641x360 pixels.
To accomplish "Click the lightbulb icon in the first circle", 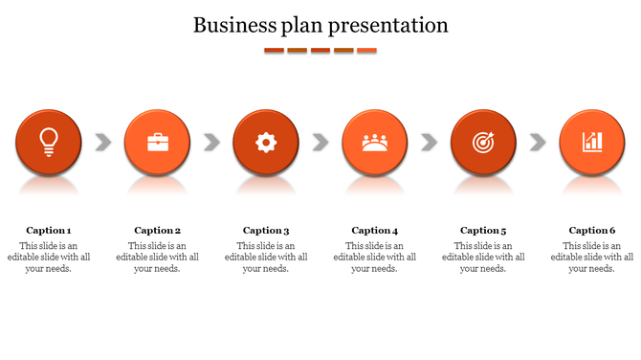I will tap(49, 142).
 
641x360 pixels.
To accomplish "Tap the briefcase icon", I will tap(158, 143).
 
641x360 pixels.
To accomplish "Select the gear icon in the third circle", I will tap(266, 143).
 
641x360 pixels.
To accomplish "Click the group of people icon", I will tap(375, 143).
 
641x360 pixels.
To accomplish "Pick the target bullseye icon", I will tap(483, 143).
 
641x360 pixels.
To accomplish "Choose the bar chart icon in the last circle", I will tap(592, 142).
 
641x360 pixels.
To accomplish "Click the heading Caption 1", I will tap(49, 230).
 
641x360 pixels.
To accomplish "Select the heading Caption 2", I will tap(158, 230).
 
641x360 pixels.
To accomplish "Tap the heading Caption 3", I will tap(266, 230).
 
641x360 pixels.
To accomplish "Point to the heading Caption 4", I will tap(375, 230).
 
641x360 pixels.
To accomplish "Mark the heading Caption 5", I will tap(483, 230).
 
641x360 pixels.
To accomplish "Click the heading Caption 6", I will tap(592, 230).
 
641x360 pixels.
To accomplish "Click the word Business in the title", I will tap(229, 25).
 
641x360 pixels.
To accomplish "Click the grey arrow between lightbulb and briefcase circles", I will tap(103, 143).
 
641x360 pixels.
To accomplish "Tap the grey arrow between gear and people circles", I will tap(320, 143).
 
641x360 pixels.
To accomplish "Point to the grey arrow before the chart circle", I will tap(538, 143).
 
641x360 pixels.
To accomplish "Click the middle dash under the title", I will tap(320, 50).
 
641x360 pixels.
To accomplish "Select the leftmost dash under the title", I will tap(274, 50).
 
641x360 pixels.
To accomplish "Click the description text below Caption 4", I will tap(375, 257).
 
